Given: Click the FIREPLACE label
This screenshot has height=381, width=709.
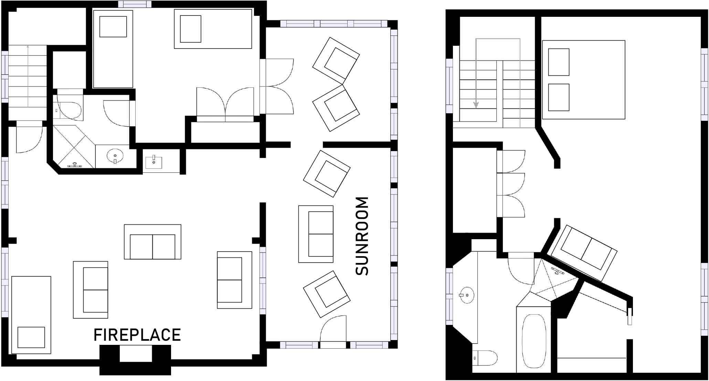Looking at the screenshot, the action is pos(137,335).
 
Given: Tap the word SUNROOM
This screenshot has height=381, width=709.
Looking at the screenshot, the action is pos(362,236).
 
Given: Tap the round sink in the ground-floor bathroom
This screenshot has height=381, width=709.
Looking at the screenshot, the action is pos(115,157).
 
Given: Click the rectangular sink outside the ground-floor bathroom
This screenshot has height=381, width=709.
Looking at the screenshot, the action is pos(154,161).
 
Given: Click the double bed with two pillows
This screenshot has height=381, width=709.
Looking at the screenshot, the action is pos(583,80).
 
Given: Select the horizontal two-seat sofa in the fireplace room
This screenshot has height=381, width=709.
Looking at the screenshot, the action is pos(152,242).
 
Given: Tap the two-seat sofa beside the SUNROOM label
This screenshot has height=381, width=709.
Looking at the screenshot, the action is pos(316,234).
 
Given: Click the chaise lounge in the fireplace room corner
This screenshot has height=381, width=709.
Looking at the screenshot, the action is pos(31,315).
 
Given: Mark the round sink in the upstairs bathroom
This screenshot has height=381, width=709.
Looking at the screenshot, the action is pos(467,295).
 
